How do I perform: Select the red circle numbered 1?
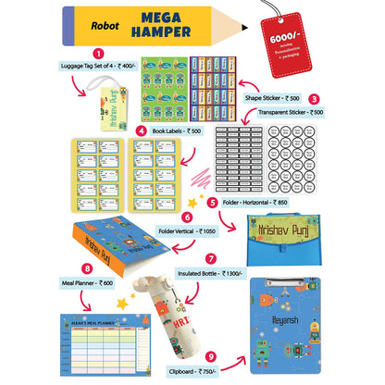(x=97, y=54)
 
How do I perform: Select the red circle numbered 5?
(x=212, y=201)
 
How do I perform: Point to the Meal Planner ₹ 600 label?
(x=86, y=283)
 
